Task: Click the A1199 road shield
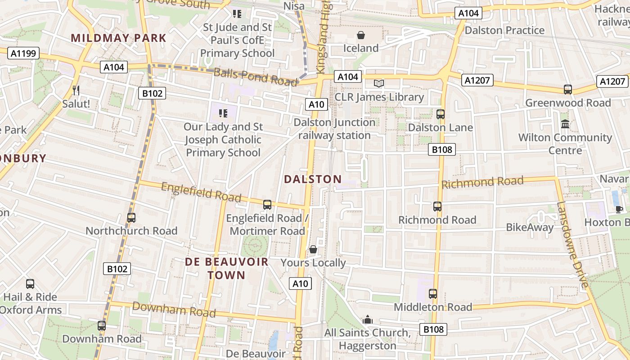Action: [x=23, y=54]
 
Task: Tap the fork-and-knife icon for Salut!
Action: [x=76, y=90]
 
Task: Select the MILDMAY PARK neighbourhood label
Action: [x=119, y=38]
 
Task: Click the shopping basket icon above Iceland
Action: [x=360, y=35]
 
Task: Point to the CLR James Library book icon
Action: [x=379, y=84]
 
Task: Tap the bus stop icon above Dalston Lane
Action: [x=440, y=114]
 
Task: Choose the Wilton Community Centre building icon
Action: [x=565, y=124]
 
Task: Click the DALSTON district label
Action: [x=313, y=179]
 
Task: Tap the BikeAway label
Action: [x=530, y=227]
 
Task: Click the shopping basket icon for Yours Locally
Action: [x=313, y=249]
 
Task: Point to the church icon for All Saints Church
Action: [x=368, y=319]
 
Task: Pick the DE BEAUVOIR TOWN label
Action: [x=226, y=268]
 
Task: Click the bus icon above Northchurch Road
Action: [x=131, y=218]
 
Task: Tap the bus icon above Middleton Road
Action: [x=432, y=294]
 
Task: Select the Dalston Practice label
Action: [x=504, y=30]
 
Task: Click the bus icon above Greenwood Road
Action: [x=567, y=90]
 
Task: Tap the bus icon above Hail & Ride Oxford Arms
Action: [x=30, y=284]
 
